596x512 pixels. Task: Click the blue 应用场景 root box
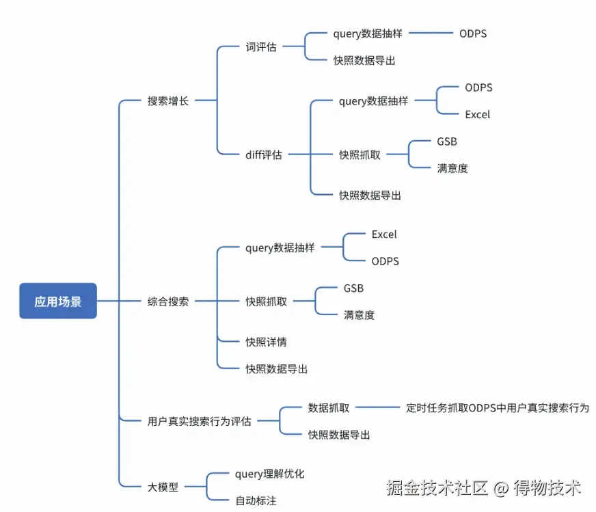point(58,301)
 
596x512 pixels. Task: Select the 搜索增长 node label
point(168,100)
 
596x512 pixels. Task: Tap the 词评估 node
point(261,46)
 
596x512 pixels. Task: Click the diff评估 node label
point(263,154)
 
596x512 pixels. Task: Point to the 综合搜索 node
point(168,301)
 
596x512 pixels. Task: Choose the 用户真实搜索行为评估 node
point(199,421)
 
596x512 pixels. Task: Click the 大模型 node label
point(163,487)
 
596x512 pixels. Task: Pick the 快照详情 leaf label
point(266,342)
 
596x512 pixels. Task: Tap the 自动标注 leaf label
point(256,500)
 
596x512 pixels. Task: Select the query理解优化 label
point(270,474)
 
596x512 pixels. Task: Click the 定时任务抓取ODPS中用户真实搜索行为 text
point(497,408)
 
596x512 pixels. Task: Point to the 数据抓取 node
point(328,408)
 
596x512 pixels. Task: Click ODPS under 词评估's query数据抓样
point(473,33)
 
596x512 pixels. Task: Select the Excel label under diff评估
point(477,114)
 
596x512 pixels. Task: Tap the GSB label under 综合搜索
point(353,288)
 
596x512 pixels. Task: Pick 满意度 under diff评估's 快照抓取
point(452,168)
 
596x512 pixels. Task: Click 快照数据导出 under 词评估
point(364,60)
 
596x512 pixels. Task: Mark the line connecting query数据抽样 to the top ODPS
point(431,33)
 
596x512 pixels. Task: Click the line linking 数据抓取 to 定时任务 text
point(377,407)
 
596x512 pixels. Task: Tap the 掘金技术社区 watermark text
point(437,487)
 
